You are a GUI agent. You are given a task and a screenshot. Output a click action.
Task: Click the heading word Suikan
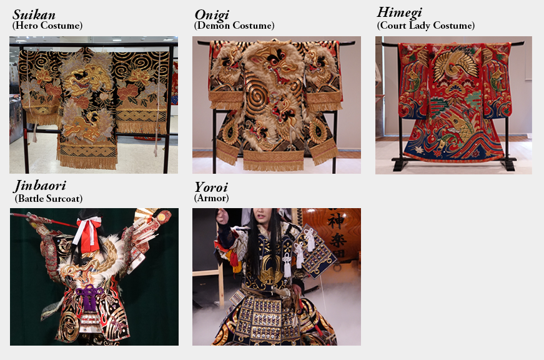pyautogui.click(x=34, y=15)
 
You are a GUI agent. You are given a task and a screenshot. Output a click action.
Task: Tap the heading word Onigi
pyautogui.click(x=212, y=15)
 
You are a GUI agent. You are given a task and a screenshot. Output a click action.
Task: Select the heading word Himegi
pyautogui.click(x=399, y=13)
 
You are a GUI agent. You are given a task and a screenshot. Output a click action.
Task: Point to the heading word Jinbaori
pyautogui.click(x=40, y=186)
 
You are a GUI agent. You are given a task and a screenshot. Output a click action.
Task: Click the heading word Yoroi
pyautogui.click(x=211, y=187)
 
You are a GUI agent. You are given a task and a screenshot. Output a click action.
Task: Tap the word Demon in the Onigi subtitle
pyautogui.click(x=214, y=26)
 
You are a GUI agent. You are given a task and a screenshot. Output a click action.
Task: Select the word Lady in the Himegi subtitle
pyautogui.click(x=420, y=26)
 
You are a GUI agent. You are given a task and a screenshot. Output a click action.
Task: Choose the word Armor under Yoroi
pyautogui.click(x=211, y=198)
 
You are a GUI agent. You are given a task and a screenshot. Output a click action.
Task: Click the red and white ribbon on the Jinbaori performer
pyautogui.click(x=87, y=232)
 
